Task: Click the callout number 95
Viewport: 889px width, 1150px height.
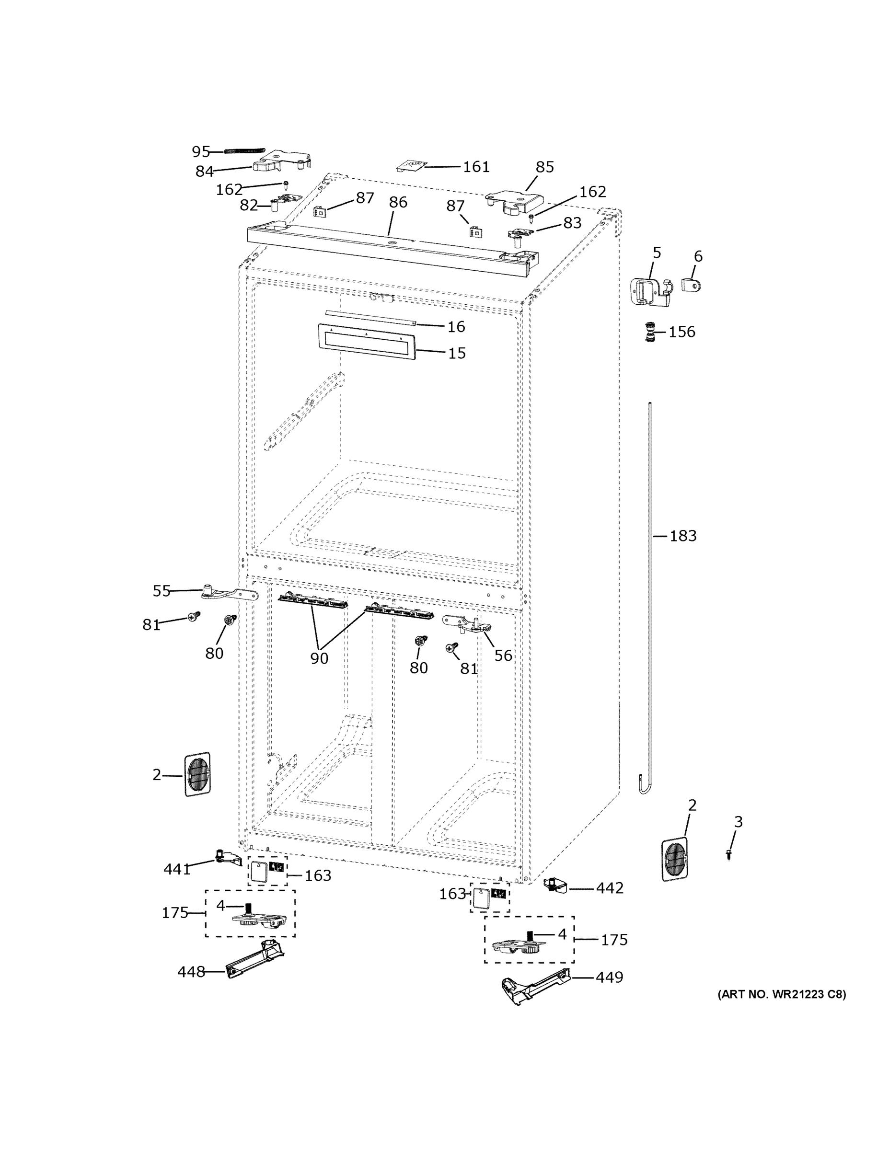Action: [201, 152]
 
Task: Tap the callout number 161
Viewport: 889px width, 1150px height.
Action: [476, 167]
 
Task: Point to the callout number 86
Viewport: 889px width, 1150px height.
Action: [398, 202]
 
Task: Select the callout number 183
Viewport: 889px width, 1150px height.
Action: [683, 536]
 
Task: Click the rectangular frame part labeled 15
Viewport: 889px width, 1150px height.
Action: [366, 342]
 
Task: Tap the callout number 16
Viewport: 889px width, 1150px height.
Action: [456, 327]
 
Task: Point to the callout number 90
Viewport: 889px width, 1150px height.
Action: [319, 658]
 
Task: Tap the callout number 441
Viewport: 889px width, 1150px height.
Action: [177, 869]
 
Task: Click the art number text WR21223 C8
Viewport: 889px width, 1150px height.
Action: [782, 995]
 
